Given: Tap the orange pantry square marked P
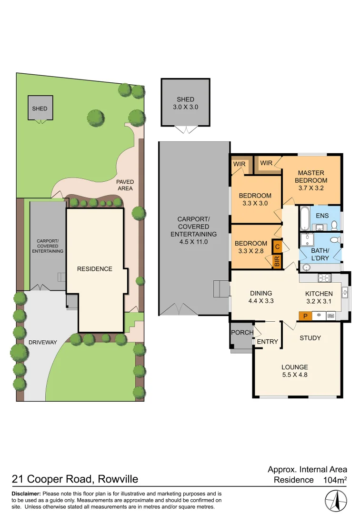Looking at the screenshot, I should pos(305,315).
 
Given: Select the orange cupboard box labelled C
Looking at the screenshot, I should pos(277,247).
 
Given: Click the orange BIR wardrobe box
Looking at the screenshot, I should pos(277,262).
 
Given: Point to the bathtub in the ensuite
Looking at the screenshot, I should pos(304,218).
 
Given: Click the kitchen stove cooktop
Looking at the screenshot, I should pos(324,278).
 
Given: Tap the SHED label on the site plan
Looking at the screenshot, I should pos(40,109).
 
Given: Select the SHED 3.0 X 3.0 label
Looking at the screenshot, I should pos(185,103).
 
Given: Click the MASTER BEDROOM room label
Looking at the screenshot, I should pos(311,177).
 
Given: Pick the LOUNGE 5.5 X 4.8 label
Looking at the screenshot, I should pos(295,371).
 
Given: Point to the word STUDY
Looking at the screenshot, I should pos(310,338).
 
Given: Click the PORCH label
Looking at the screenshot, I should pos(242,332).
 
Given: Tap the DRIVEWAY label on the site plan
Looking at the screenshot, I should pos(43,342).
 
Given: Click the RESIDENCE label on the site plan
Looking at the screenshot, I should pos(95,269).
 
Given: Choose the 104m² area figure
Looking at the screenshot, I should pos(335,480).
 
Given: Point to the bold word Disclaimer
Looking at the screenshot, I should pos(27,494).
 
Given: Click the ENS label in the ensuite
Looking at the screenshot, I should pos(322,216).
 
